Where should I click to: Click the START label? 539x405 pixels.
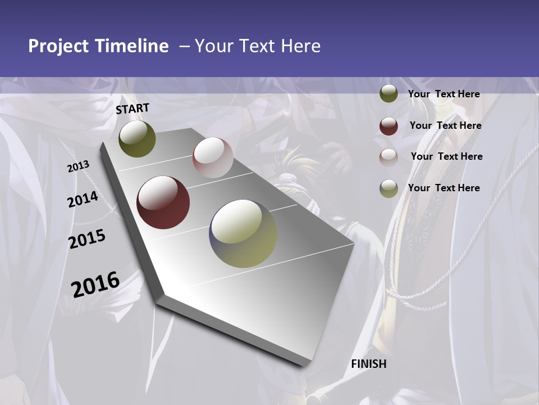click(x=133, y=109)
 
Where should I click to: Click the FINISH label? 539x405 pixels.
click(x=368, y=364)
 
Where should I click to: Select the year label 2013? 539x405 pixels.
click(x=78, y=166)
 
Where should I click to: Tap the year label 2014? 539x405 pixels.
click(x=83, y=200)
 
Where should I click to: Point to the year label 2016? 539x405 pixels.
click(x=95, y=284)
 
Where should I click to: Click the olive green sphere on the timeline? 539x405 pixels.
click(x=137, y=139)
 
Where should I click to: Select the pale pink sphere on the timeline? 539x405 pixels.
click(x=213, y=157)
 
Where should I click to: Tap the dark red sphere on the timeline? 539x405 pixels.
click(x=163, y=202)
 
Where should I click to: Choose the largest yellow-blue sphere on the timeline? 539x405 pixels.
click(x=243, y=233)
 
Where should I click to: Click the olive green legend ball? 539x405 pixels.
click(x=389, y=94)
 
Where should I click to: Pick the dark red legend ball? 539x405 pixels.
click(x=389, y=126)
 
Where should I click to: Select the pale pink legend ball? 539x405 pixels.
click(x=389, y=157)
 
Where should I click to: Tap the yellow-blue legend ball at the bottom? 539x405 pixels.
click(x=389, y=188)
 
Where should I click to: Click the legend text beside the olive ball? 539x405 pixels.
click(x=444, y=94)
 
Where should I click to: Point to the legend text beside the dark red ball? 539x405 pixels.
click(x=445, y=125)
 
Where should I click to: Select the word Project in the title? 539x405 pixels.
click(x=58, y=46)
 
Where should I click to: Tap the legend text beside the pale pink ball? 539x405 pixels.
click(x=446, y=156)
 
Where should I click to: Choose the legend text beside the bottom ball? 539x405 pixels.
click(x=444, y=188)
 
